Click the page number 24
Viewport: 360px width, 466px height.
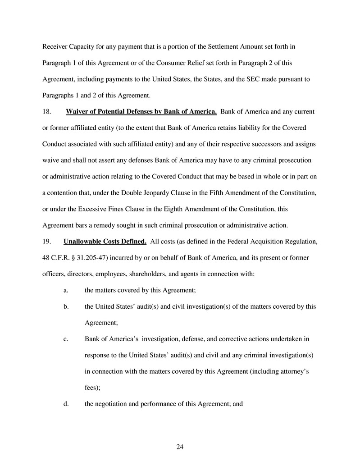pyautogui.click(x=180, y=447)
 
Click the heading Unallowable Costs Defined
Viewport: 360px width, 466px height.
pyautogui.click(x=105, y=241)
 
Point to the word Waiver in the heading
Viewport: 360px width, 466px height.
pyautogui.click(x=77, y=111)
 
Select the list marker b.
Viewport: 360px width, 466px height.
pyautogui.click(x=66, y=306)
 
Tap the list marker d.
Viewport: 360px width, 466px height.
pyautogui.click(x=66, y=404)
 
